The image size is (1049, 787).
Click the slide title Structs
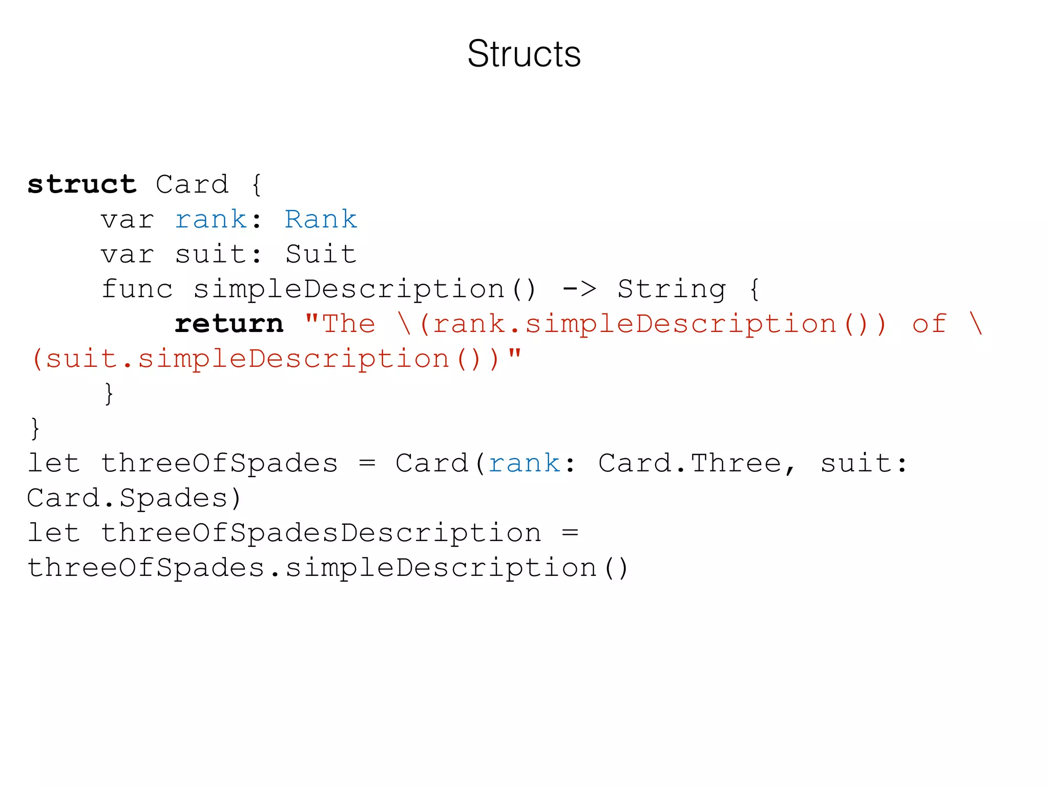pos(524,54)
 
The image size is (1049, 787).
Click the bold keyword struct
pos(82,184)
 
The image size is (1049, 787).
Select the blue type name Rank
pos(321,219)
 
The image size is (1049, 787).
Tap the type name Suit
pos(321,254)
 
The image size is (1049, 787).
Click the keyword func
pos(137,289)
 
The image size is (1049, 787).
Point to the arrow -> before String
pos(579,289)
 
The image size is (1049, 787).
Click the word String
pos(672,290)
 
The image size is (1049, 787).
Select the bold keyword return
pos(229,324)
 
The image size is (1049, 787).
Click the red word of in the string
pos(929,324)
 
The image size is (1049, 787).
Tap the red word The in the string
pos(348,324)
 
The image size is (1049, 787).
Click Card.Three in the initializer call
pos(689,464)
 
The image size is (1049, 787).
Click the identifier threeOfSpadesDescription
pos(321,533)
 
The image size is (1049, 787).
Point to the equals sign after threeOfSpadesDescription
pos(570,533)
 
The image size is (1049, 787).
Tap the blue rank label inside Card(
pos(524,464)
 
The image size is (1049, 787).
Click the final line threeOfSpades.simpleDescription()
pos(328,568)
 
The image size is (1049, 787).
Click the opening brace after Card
pos(257,184)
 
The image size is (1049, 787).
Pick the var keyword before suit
pos(128,254)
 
